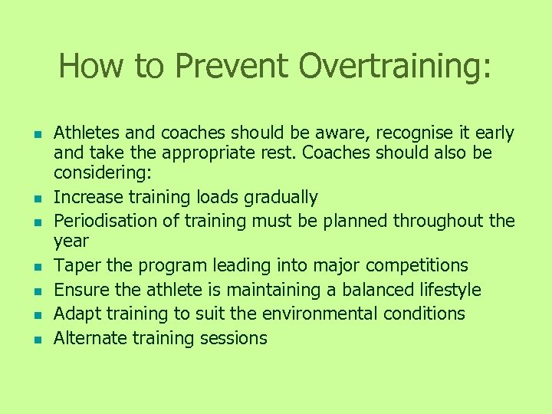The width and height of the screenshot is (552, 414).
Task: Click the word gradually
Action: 281,197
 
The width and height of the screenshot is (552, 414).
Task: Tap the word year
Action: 71,242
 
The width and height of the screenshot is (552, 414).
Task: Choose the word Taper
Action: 75,265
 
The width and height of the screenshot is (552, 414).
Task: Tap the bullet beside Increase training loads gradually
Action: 35,199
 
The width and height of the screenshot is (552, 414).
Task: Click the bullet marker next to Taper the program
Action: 35,267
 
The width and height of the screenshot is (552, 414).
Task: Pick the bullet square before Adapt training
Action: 35,315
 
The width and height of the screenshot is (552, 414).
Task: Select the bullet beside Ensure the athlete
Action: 35,291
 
